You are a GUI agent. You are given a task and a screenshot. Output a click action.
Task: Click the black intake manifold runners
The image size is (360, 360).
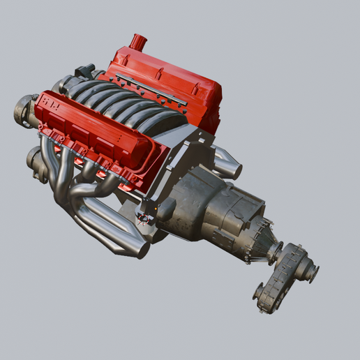pyautogui.click(x=126, y=105)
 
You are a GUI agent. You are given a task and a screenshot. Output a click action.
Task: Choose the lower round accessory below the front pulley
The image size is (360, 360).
pyautogui.click(x=36, y=163)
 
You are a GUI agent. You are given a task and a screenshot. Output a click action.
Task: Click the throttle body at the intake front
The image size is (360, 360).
pyautogui.click(x=84, y=71)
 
